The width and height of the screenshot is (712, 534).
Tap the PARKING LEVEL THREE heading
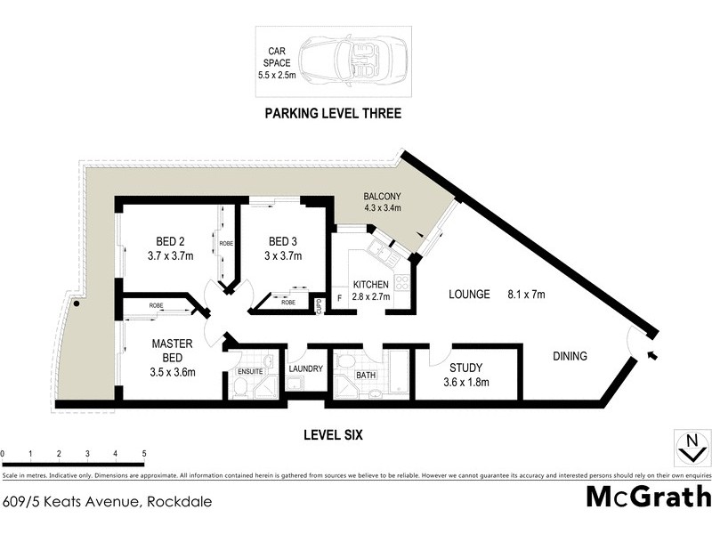point(332,114)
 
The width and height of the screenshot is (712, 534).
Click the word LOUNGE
point(469,294)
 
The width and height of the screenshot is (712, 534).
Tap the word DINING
point(570,356)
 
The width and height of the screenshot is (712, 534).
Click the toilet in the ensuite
point(239,386)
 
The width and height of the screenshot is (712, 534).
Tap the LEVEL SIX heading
point(332,435)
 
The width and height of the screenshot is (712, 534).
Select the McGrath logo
point(648,497)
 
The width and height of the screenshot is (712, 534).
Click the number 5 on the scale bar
point(144,454)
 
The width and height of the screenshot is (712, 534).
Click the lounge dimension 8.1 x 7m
point(526,294)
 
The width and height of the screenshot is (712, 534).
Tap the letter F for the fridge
point(339,297)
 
